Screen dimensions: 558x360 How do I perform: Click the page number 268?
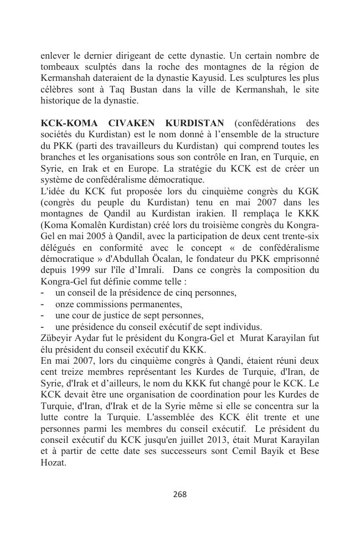(x=180, y=494)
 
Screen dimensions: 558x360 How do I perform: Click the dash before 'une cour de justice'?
(x=43, y=316)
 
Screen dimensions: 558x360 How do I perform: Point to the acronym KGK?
(x=308, y=192)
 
